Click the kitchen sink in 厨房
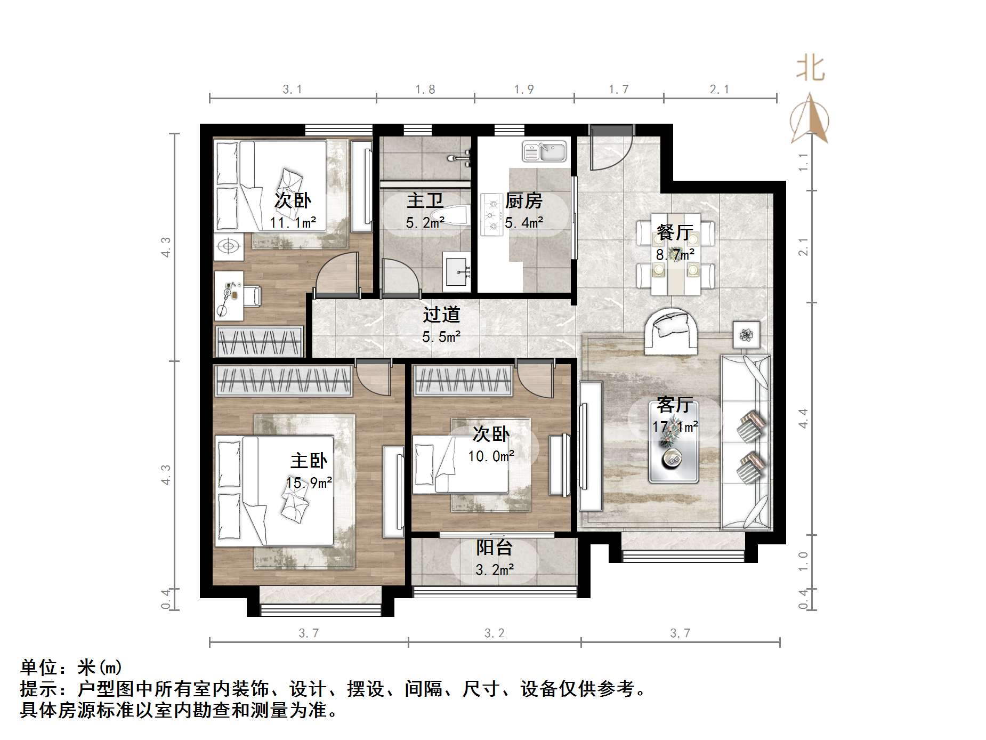[544, 151]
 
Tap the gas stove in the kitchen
[492, 214]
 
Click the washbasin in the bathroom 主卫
[457, 272]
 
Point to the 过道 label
[441, 315]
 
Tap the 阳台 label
[494, 548]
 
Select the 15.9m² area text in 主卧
[309, 483]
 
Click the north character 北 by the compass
[810, 69]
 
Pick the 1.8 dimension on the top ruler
[425, 90]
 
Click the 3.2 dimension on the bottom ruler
[494, 633]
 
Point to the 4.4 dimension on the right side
[803, 418]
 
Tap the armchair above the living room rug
[670, 332]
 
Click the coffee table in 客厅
[673, 443]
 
